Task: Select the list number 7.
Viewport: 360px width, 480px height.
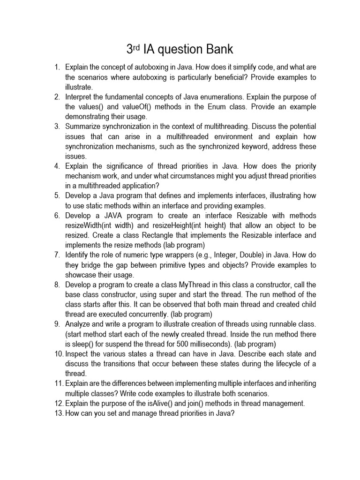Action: click(x=57, y=255)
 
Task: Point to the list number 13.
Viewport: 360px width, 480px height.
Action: click(x=59, y=413)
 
